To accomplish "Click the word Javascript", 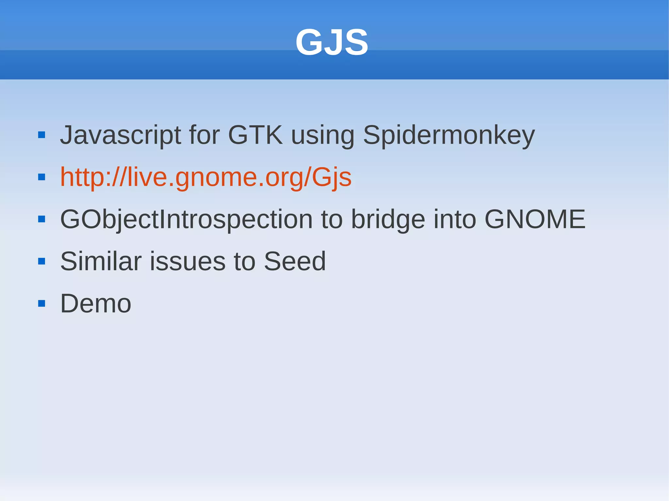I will click(120, 135).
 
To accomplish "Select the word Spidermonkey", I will click(449, 135).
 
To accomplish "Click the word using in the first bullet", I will click(322, 135).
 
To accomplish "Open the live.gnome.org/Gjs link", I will click(206, 177).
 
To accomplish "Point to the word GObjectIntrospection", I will click(186, 220).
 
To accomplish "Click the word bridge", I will click(388, 220).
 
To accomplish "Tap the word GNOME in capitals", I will click(535, 219).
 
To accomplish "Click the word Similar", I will click(101, 261).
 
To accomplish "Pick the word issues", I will click(188, 261).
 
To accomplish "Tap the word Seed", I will click(295, 261).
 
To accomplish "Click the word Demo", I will click(96, 303).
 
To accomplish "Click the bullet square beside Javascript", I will click(41, 135).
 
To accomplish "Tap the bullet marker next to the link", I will click(41, 177).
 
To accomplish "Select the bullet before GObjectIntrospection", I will click(41, 219).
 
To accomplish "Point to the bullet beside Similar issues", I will click(41, 261).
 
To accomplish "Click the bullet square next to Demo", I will click(41, 304).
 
